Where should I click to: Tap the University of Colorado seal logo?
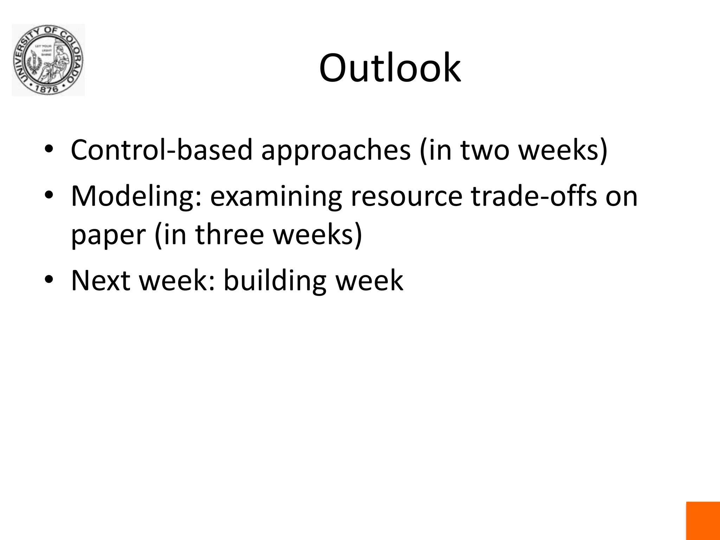pos(48,60)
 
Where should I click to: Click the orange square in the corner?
pos(703,521)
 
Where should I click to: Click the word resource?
pos(406,197)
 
